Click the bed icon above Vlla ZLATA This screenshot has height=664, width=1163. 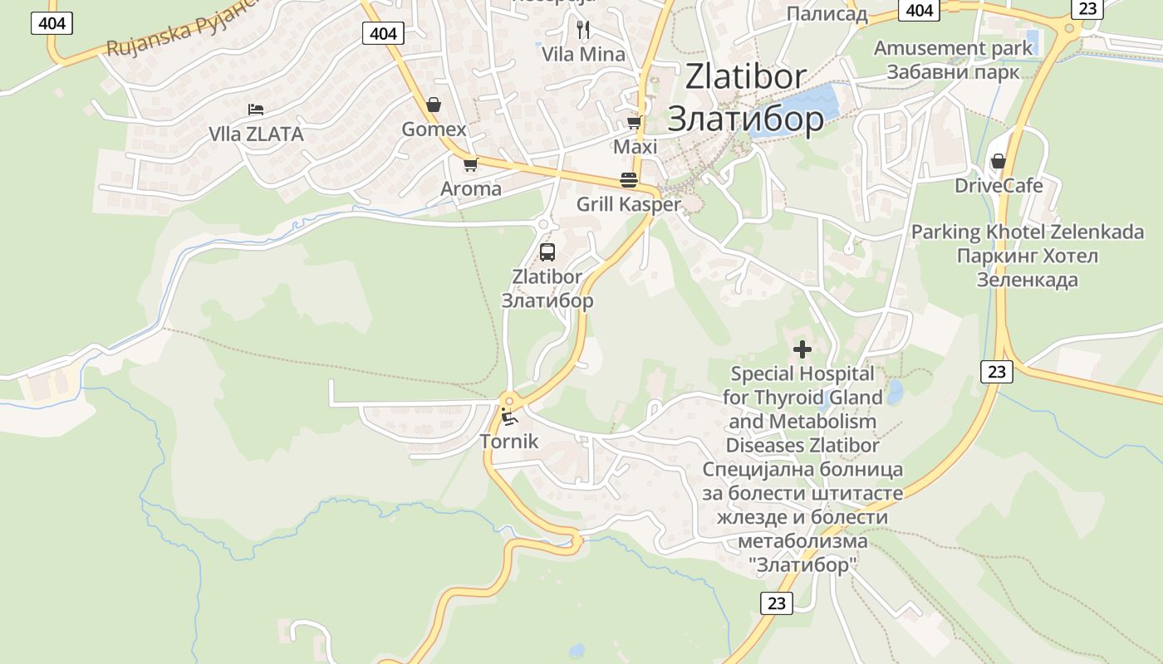[x=256, y=110]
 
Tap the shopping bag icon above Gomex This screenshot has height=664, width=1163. [x=433, y=105]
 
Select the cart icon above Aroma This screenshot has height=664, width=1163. [x=470, y=164]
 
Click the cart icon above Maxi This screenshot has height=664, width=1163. [x=634, y=123]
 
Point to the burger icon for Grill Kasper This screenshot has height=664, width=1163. [x=628, y=180]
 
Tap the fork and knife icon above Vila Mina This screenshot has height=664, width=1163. [x=583, y=30]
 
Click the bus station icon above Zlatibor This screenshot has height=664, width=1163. [x=547, y=252]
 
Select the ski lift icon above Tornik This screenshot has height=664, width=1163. [x=508, y=416]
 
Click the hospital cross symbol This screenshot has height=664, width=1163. [x=802, y=349]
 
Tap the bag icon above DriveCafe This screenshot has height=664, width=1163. [x=998, y=161]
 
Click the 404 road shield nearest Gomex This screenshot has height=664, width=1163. [x=383, y=33]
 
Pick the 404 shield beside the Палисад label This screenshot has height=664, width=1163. [x=919, y=10]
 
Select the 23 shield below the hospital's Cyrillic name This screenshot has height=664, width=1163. [x=776, y=603]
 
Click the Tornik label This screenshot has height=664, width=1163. [x=509, y=442]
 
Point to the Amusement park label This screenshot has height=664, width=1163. [x=953, y=48]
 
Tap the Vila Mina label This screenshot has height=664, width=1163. [x=583, y=55]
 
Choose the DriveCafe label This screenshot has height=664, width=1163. [x=999, y=185]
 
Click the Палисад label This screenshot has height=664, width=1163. [x=827, y=13]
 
